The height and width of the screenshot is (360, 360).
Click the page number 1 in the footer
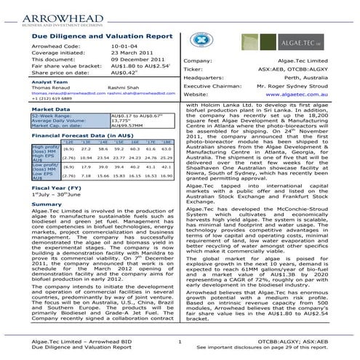pyautogui.click(x=179, y=340)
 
